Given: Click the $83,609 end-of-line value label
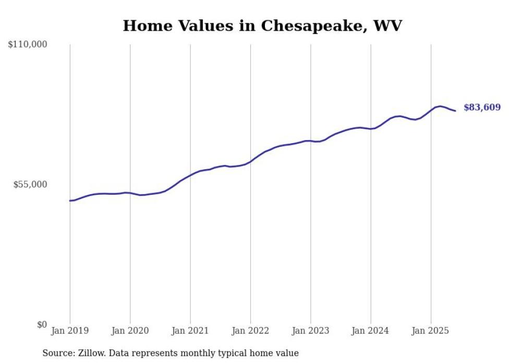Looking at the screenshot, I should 482,108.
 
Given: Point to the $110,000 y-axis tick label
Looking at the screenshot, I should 28,45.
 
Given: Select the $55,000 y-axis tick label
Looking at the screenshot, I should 30,185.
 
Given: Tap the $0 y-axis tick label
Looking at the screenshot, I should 42,325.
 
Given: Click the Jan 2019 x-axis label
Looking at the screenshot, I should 70,331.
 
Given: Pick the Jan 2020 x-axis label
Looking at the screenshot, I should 130,331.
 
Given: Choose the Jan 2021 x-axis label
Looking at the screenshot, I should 190,331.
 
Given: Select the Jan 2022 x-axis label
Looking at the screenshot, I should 250,331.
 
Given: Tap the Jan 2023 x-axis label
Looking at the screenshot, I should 311,331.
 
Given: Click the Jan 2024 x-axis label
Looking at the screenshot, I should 371,331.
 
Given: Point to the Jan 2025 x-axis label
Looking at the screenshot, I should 431,331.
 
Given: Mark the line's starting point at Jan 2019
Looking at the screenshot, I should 70,200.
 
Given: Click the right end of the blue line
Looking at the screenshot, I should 455,110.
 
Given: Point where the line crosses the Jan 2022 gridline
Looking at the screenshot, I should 250,161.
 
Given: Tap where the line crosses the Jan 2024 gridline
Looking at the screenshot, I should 371,129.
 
